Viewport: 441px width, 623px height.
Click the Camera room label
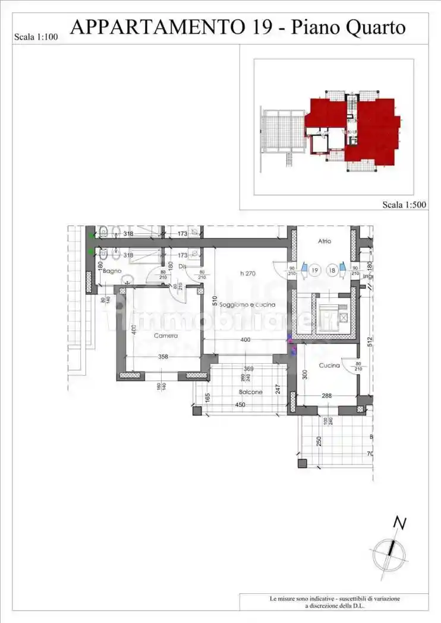166,336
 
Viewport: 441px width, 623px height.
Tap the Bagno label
112,271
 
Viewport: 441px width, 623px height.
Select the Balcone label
251,392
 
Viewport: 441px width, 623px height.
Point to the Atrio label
324,241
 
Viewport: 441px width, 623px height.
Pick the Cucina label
329,365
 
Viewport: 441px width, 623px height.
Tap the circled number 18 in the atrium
332,271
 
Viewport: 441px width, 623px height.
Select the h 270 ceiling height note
248,273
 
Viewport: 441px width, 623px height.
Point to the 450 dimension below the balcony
240,405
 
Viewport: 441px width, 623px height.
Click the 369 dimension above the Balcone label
248,369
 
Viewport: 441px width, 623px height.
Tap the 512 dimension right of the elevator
370,341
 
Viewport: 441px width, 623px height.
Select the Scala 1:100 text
35,37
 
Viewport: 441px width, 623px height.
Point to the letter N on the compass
401,523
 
